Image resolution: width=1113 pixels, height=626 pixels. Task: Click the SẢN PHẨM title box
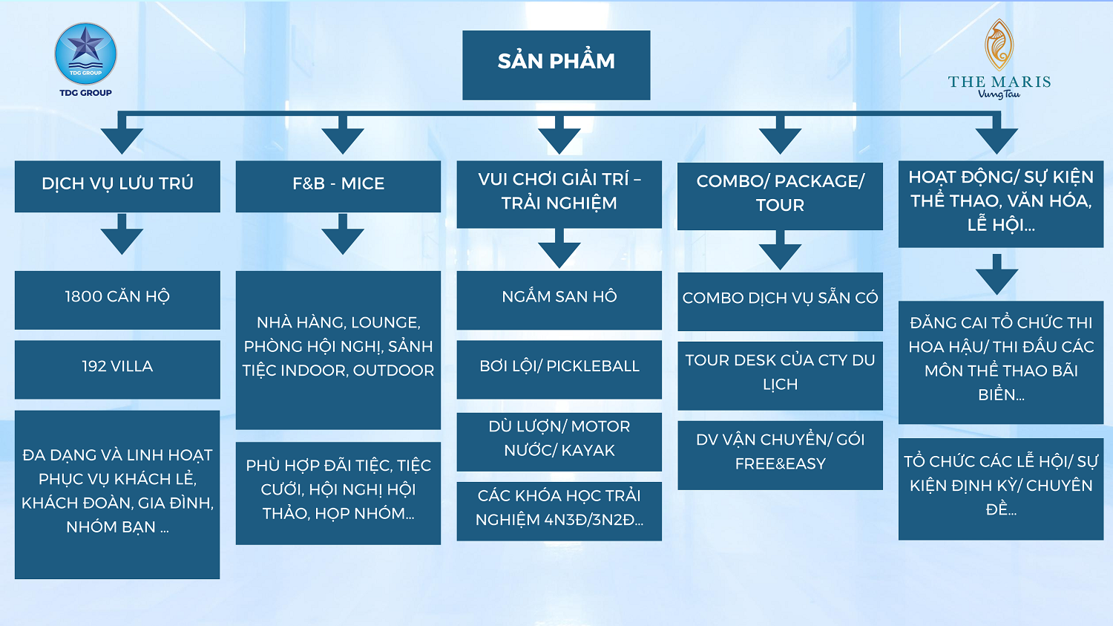[x=556, y=65]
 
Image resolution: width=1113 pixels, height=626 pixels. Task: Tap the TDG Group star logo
[x=85, y=53]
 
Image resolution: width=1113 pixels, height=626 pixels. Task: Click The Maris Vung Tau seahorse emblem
[x=999, y=45]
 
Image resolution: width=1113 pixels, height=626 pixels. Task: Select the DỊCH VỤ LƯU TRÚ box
[x=117, y=186]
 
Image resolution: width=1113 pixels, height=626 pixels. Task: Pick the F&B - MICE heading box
[x=338, y=186]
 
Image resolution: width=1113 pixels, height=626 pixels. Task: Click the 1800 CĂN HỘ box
[x=117, y=300]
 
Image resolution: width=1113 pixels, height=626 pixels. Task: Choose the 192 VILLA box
[x=117, y=369]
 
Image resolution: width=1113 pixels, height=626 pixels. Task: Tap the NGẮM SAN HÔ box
[x=559, y=300]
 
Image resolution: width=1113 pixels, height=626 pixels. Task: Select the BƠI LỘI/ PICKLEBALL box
[x=559, y=369]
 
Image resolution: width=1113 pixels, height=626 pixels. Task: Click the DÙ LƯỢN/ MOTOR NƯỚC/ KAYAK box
[x=559, y=442]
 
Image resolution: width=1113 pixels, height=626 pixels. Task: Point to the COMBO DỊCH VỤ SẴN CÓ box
[x=780, y=301]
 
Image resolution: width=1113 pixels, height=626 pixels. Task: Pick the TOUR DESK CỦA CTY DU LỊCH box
[x=780, y=376]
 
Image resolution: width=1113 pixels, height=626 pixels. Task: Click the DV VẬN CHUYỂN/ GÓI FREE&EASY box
[x=780, y=455]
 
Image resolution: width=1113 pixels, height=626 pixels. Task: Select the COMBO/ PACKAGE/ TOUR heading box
[x=780, y=196]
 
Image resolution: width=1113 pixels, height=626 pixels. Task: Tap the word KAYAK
[x=588, y=451]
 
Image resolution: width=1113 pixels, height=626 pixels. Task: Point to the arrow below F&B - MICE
[x=342, y=234]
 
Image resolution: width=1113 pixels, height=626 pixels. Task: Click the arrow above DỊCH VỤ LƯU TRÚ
[x=122, y=134]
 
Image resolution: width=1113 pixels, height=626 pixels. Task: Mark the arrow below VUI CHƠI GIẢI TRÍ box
[x=559, y=248]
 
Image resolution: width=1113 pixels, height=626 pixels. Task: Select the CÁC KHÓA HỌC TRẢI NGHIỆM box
[x=559, y=511]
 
